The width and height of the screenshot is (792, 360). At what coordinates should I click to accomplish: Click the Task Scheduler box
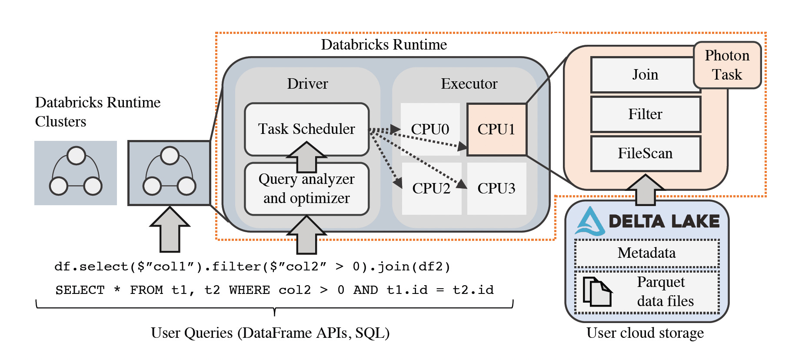point(306,129)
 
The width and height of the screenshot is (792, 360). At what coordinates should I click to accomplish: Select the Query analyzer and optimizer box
point(306,189)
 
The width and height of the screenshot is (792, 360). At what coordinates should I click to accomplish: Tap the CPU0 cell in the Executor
point(430,129)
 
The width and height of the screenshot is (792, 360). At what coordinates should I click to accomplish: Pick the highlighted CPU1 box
point(496,129)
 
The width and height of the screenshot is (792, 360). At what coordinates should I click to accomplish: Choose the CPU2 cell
point(431,188)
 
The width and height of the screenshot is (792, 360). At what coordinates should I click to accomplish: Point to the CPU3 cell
point(496,188)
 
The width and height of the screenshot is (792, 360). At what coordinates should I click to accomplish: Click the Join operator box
point(646,75)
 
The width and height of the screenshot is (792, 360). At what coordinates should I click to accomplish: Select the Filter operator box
point(646,114)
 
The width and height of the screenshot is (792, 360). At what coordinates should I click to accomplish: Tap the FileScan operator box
point(646,153)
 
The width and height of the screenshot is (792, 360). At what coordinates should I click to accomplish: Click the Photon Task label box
point(727,65)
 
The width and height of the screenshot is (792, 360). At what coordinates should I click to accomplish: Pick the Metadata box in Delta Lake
point(647,253)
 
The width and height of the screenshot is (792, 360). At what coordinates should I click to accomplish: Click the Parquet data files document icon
point(597,291)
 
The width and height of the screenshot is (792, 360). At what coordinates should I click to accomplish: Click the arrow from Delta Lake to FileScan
point(646,190)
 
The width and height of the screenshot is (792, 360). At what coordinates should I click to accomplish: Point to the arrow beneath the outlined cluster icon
point(170,229)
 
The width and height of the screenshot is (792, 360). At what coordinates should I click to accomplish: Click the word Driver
point(307,83)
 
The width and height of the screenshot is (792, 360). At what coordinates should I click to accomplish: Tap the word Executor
point(469,83)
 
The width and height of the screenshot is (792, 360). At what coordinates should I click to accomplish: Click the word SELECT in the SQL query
point(80,290)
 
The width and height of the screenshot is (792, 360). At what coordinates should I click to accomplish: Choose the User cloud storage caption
point(645,333)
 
